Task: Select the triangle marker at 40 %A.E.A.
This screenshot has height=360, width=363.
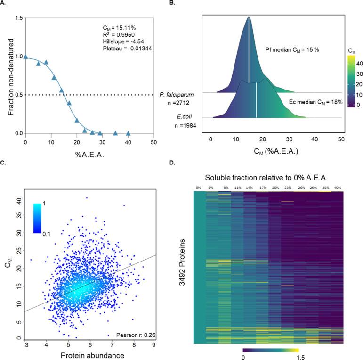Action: (x=128, y=133)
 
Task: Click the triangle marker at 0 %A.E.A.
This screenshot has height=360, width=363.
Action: (x=25, y=57)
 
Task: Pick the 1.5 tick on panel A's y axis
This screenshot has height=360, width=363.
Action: (x=17, y=18)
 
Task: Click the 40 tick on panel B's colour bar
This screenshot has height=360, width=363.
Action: (x=354, y=62)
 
